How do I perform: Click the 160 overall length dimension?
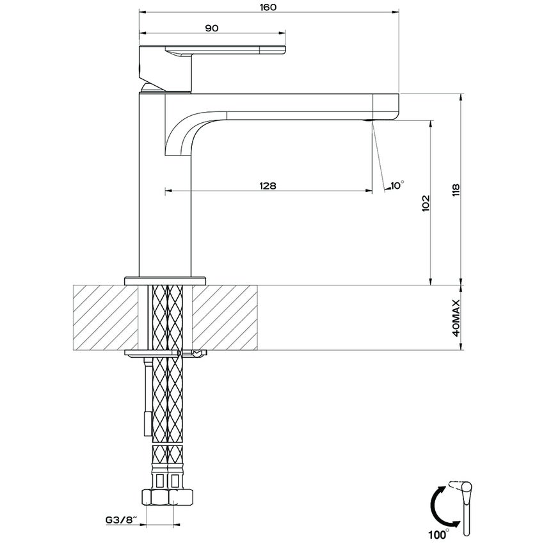point(268,8)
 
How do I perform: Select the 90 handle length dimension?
point(212,28)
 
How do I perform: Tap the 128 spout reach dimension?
point(268,186)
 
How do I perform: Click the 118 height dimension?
point(456,190)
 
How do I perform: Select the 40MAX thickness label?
point(456,318)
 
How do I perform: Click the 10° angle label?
point(397,185)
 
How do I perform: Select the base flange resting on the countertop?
point(166,279)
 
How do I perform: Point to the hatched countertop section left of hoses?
point(106,317)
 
